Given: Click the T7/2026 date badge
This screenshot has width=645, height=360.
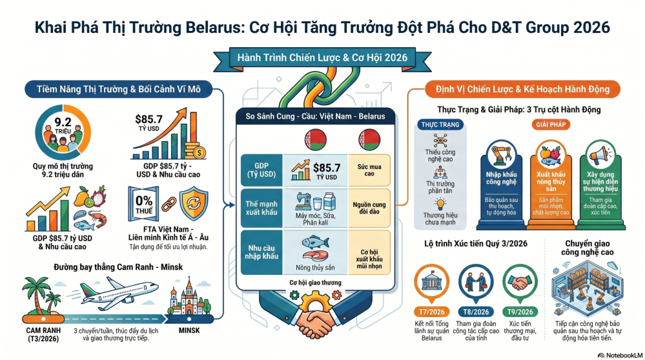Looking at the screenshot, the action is tap(431, 312).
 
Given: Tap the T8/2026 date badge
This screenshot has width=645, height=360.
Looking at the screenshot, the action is tap(476, 312).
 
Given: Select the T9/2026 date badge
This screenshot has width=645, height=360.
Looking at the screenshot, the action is tap(520, 312).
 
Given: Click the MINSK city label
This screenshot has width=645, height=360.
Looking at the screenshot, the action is tap(189, 330).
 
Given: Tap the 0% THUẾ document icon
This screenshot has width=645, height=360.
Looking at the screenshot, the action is tap(143, 205).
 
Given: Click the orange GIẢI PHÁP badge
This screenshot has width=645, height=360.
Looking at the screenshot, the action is tap(551, 125).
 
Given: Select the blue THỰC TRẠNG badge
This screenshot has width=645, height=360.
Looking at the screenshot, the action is tap(440, 125).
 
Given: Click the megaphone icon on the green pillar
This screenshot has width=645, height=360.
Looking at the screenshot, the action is tap(600, 155).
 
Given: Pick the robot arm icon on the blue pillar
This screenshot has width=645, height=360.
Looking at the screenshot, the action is tap(501, 155).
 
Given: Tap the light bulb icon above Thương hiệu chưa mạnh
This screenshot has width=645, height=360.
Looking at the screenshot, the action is tap(440, 205).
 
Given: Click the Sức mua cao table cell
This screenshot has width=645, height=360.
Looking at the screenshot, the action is tap(369, 170).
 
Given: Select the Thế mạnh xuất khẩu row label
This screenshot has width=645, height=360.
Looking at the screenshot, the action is tap(261, 208).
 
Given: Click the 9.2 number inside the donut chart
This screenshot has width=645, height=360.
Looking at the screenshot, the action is tap(63, 122).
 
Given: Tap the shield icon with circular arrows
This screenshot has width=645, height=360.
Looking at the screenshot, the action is tap(193, 203).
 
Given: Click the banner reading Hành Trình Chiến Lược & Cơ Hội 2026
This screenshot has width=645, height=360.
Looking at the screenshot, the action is tap(322, 57).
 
